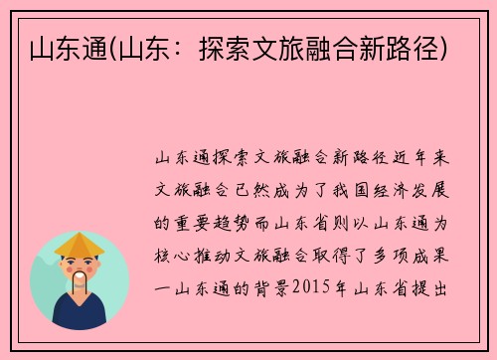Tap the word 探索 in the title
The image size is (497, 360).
(244, 46)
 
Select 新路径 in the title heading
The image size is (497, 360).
(405, 46)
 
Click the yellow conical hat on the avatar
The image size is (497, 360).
(80, 243)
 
